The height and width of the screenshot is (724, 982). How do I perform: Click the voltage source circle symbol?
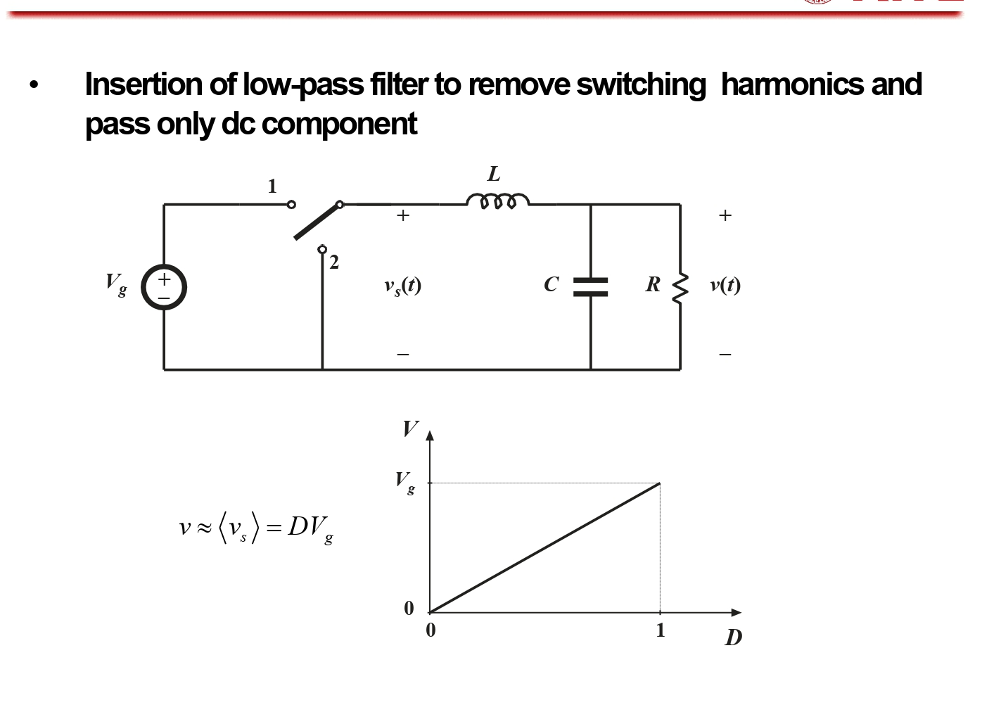[x=164, y=287]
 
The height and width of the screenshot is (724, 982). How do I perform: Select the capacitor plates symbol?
[x=590, y=286]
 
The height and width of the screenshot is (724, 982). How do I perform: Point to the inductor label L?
[x=494, y=174]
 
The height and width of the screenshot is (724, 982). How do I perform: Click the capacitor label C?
[x=551, y=284]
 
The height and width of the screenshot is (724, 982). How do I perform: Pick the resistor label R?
[x=653, y=284]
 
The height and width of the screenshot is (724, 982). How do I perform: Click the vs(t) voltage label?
[x=402, y=286]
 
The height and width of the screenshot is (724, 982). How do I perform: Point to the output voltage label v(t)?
[x=725, y=284]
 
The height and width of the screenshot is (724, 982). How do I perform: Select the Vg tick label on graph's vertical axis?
[x=404, y=483]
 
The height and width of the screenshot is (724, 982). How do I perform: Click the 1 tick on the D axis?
[x=660, y=630]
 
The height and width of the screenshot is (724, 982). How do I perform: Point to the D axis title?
[x=733, y=637]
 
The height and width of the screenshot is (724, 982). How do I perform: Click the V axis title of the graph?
[x=410, y=428]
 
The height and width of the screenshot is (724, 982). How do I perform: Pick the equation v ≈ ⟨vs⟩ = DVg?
[x=257, y=528]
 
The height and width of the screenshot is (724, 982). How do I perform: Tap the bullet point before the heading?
[x=34, y=85]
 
